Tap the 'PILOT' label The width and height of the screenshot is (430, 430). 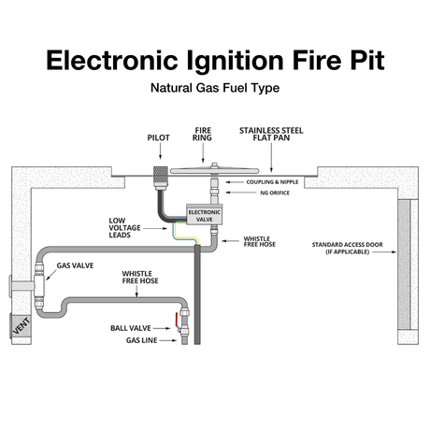click(158, 136)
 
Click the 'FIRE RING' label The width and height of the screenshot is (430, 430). click(203, 135)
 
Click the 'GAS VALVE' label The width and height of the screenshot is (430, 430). click(76, 265)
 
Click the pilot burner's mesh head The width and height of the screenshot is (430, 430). click(159, 173)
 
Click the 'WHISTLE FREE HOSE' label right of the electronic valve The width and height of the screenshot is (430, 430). click(257, 242)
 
